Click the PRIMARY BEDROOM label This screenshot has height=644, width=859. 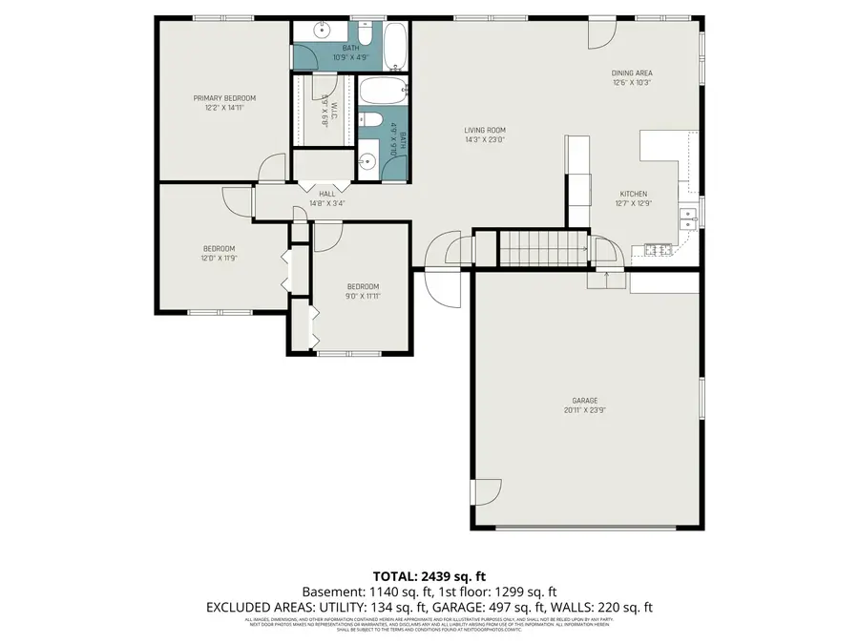224,98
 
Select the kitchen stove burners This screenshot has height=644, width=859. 658,251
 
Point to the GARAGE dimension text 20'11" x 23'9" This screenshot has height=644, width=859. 585,410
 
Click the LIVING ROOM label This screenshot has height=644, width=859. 484,131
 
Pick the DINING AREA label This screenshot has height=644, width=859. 632,73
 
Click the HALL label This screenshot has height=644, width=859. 327,194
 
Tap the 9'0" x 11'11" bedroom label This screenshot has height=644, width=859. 363,287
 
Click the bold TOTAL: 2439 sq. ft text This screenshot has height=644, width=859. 429,576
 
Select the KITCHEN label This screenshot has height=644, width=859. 633,194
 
